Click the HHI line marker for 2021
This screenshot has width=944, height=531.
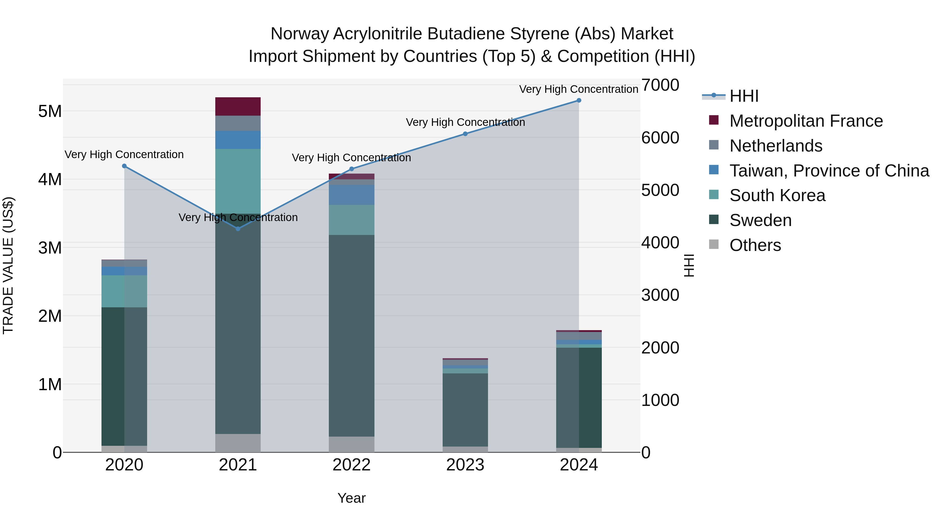pos(238,229)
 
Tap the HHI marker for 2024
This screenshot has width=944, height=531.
pos(579,100)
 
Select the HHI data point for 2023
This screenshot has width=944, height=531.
pos(465,134)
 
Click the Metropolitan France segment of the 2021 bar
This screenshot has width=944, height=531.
pos(238,107)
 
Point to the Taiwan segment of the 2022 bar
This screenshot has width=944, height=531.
pos(351,195)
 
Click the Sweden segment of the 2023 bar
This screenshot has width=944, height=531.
pos(465,410)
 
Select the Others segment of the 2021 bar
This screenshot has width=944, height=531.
pos(238,443)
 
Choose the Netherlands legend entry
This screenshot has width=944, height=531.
pos(776,146)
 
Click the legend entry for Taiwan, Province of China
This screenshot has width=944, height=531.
pos(829,171)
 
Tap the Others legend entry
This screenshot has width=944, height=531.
pos(755,245)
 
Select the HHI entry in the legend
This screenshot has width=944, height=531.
pos(744,96)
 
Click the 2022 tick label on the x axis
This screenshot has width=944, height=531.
pos(351,465)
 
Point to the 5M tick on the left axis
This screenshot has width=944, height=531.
pos(50,111)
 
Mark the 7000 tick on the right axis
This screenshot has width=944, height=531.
pos(660,85)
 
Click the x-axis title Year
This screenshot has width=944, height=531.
pos(351,498)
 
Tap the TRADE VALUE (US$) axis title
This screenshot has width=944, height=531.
pos(8,265)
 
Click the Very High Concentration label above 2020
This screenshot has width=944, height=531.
pos(124,155)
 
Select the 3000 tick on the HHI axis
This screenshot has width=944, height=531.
pos(660,295)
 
